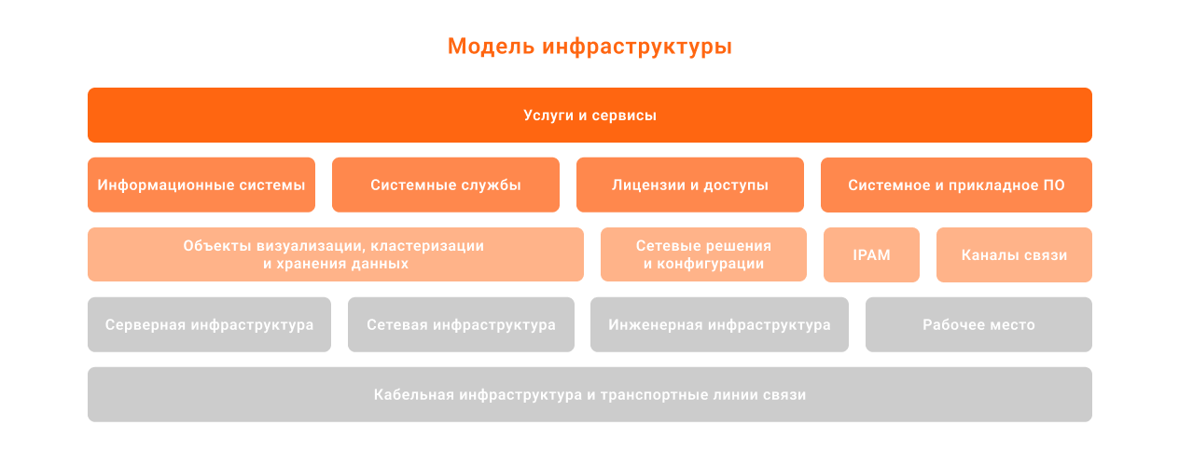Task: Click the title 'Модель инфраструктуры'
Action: pos(589,47)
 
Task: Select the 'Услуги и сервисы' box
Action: pos(589,116)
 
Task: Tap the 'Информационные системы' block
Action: pos(201,185)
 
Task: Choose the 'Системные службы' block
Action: pos(446,185)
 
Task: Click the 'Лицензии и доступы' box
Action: pos(690,185)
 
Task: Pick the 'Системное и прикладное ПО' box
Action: pos(956,185)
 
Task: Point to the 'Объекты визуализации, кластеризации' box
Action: pos(336,254)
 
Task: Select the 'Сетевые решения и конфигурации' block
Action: pos(703,254)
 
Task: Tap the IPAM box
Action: pos(871,254)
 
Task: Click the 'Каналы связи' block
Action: pos(1014,254)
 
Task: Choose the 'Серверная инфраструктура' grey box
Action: pos(210,324)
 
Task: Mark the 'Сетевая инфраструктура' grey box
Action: pos(461,324)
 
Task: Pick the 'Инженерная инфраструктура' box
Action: pos(719,324)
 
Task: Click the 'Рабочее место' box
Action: pos(979,324)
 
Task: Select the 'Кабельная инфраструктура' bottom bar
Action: pos(589,394)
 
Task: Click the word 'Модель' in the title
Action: pos(491,47)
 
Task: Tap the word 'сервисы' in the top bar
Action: pos(624,116)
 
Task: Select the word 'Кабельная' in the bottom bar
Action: pos(414,395)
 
